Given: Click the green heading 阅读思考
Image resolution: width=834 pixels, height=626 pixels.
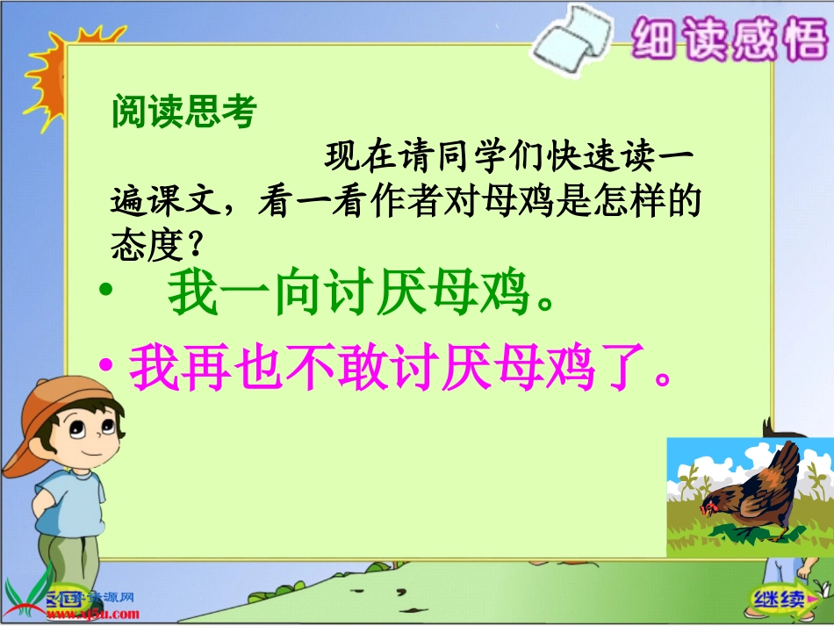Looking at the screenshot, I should pos(183,112).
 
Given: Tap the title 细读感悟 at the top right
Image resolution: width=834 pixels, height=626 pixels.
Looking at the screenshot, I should pos(728,39).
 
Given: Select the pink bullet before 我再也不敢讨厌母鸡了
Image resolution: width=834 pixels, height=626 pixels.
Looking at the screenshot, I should pos(107,370).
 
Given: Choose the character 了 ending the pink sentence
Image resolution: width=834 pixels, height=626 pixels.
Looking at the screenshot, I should pos(627,370).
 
